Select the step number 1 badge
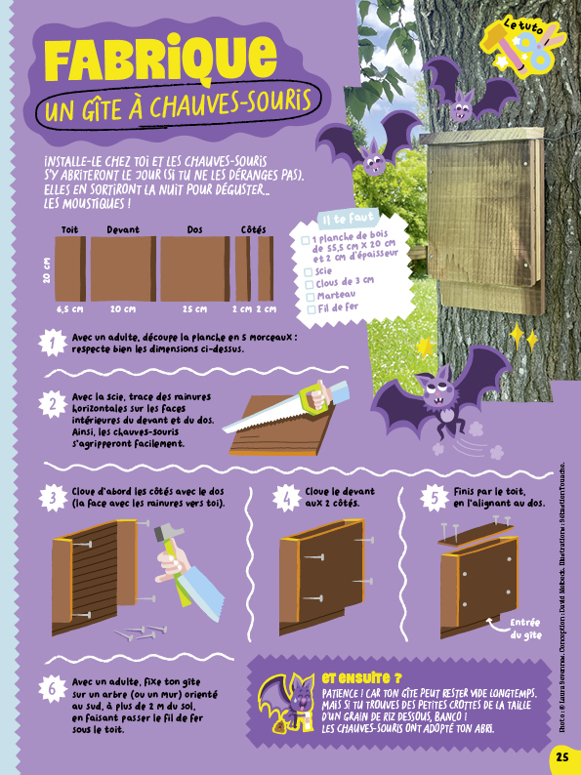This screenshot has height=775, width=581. point(53,343)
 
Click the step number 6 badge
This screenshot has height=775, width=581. point(53,689)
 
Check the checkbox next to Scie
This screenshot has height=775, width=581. point(309,272)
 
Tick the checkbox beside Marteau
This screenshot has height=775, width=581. point(311,297)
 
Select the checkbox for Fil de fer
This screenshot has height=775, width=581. point(311,309)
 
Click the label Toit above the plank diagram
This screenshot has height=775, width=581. point(69,229)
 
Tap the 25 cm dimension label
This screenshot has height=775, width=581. point(194,308)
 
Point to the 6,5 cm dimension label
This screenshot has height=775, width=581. point(69,308)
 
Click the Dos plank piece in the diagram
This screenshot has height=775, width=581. point(195,268)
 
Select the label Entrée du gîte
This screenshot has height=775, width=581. point(525,629)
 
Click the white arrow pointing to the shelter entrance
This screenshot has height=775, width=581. point(496,625)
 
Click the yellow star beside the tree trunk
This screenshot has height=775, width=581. point(424,347)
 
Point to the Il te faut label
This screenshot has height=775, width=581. point(348,218)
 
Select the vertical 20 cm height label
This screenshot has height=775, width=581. point(47,269)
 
